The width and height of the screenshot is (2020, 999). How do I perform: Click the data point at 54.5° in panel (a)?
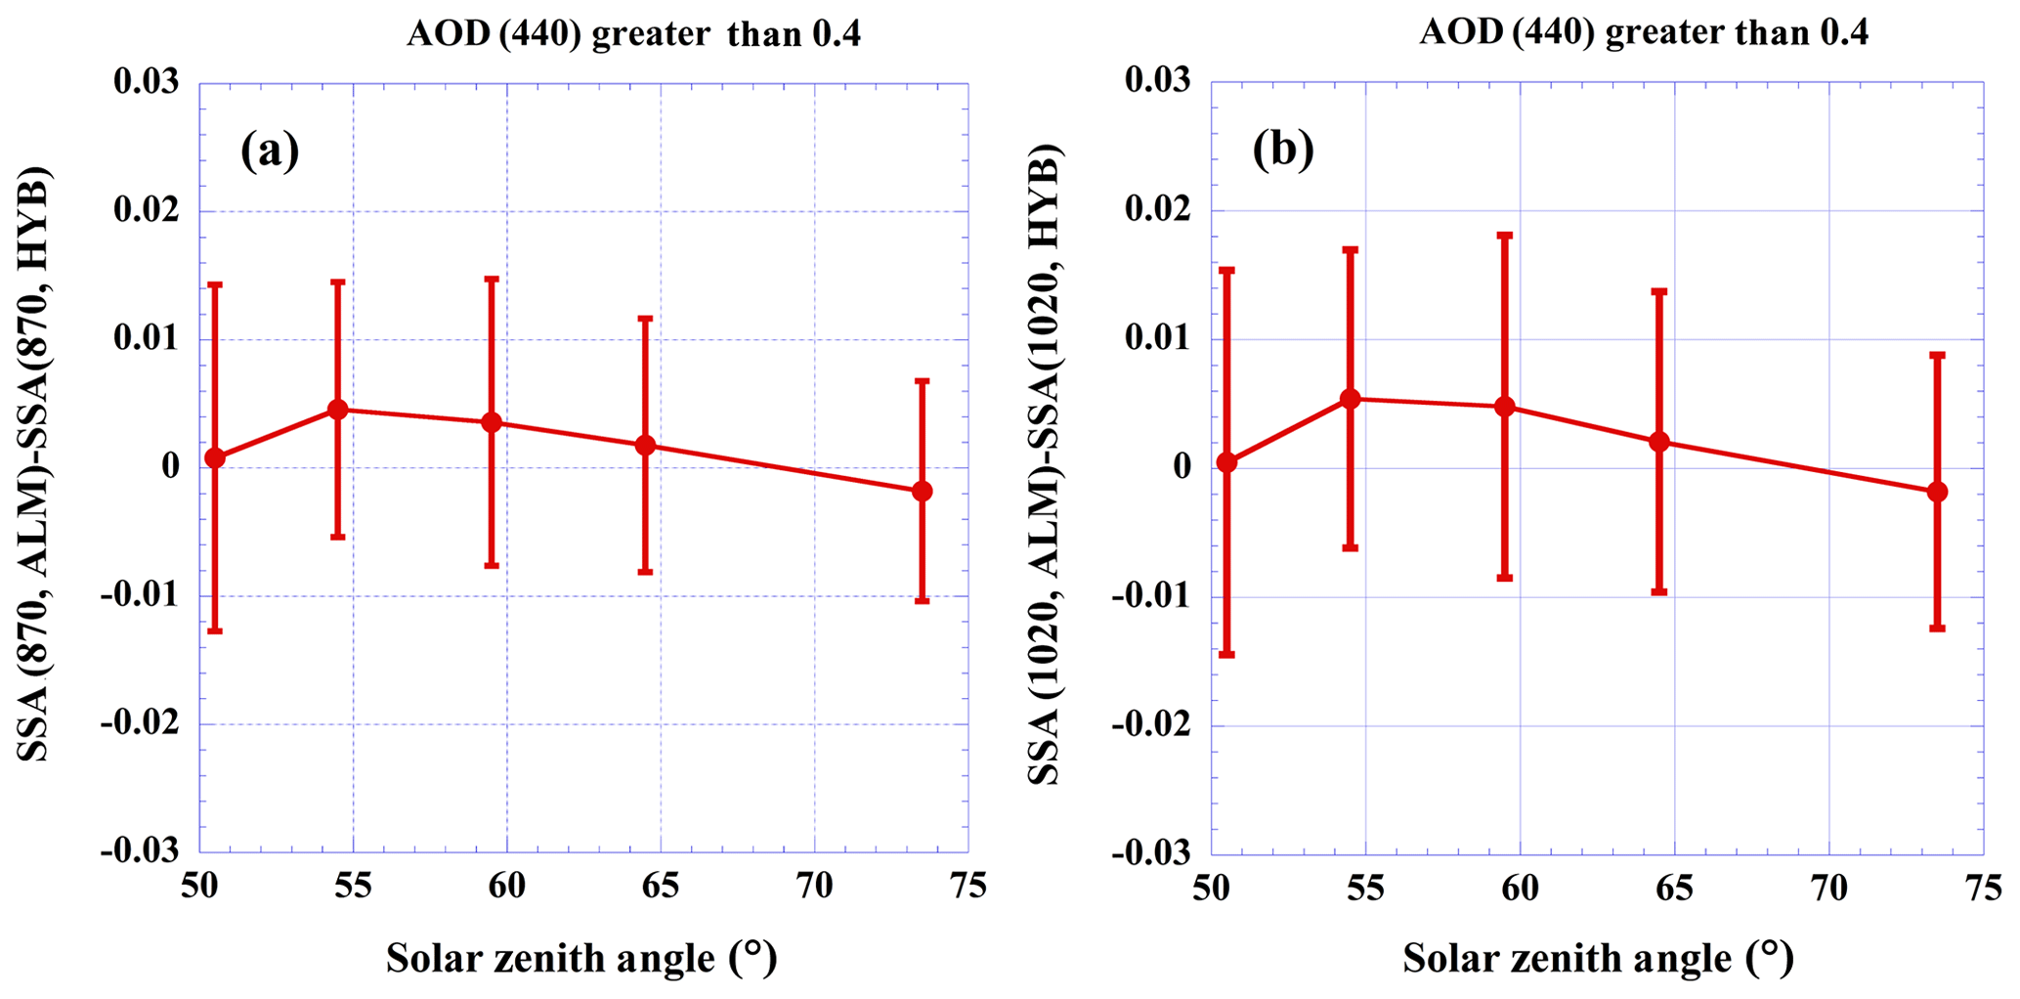click(338, 410)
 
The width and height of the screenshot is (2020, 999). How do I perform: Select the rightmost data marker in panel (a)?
click(922, 491)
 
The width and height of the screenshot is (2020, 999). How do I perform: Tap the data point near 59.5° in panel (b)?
click(1504, 407)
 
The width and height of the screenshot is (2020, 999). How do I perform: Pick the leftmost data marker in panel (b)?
click(1226, 462)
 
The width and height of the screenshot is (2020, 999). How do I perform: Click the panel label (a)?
click(270, 151)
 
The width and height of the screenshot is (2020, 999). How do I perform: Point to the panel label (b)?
click(1283, 151)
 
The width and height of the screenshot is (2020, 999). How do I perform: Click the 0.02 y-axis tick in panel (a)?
click(147, 211)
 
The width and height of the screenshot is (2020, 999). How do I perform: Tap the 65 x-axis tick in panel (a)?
click(661, 887)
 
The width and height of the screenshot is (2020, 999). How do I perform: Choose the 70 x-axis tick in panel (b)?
click(1828, 887)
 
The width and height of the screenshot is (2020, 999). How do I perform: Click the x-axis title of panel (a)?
click(582, 958)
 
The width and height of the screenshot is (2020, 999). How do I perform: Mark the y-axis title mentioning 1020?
click(1045, 465)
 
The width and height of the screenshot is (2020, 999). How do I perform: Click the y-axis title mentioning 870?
click(34, 465)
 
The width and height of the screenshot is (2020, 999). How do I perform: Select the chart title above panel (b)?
click(1644, 33)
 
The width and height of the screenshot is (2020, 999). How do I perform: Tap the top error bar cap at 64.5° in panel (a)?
click(645, 318)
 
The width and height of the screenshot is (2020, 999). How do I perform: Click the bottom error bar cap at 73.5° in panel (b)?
click(1937, 628)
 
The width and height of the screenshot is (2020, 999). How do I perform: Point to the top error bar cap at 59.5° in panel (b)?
click(1504, 236)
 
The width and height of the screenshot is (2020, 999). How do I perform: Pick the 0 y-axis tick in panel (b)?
click(1182, 467)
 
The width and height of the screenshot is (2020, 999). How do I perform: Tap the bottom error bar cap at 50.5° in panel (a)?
click(215, 631)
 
